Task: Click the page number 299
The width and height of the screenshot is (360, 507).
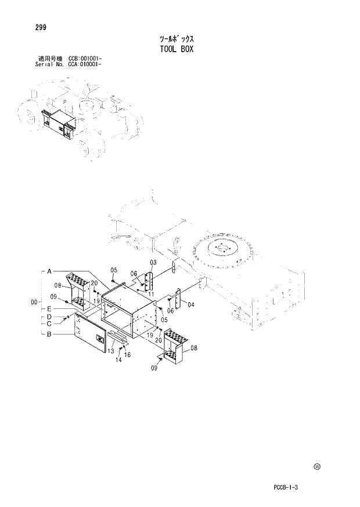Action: pyautogui.click(x=41, y=27)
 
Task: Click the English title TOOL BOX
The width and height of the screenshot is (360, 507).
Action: pyautogui.click(x=176, y=49)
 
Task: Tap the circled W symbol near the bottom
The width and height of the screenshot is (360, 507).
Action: pyautogui.click(x=317, y=466)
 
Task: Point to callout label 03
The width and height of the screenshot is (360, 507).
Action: pyautogui.click(x=153, y=263)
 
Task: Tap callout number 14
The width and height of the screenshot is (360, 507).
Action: pyautogui.click(x=118, y=360)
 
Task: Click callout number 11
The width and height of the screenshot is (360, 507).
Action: pyautogui.click(x=150, y=294)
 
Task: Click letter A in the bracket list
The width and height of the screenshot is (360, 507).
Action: pyautogui.click(x=50, y=271)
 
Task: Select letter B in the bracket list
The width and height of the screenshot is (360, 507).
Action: pyautogui.click(x=50, y=334)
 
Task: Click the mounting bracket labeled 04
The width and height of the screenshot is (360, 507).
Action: pyautogui.click(x=178, y=296)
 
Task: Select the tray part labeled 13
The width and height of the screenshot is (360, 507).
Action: pyautogui.click(x=116, y=337)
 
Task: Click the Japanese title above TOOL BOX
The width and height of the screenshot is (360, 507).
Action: pyautogui.click(x=176, y=39)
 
